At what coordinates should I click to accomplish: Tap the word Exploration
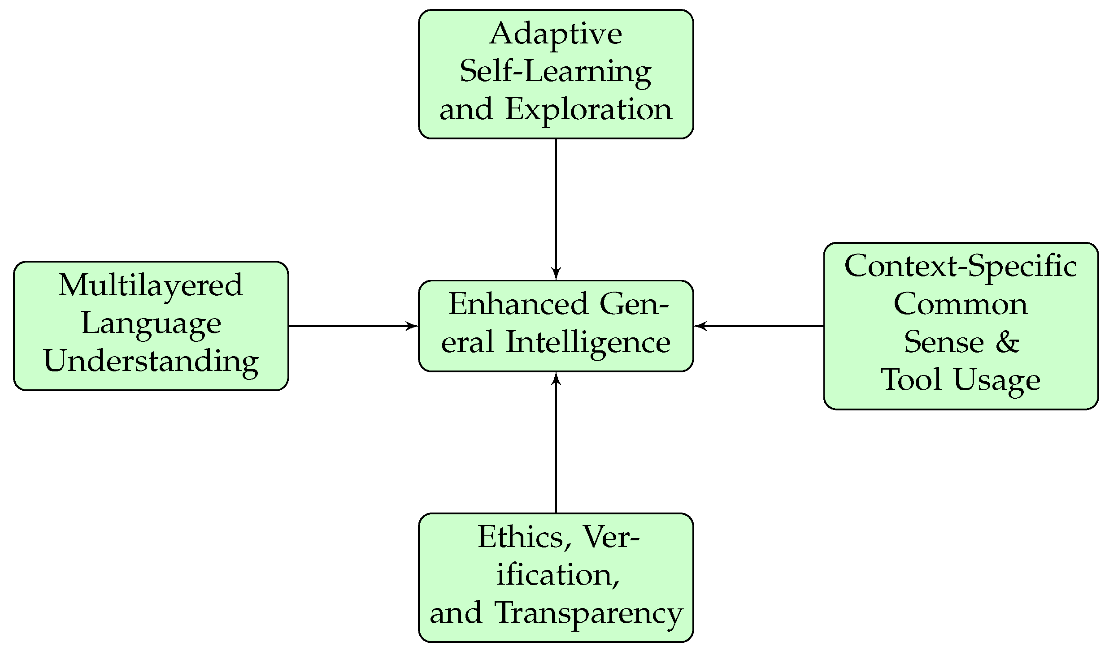pos(588,110)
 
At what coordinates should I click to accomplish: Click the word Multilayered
pos(151,285)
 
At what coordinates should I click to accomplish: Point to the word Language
pos(151,324)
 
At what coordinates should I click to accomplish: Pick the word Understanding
pos(151,361)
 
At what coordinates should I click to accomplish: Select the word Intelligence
pos(588,343)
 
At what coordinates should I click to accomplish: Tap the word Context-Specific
pos(961,266)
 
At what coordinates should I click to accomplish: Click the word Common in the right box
pos(961,305)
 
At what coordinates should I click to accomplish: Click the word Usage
pos(996,381)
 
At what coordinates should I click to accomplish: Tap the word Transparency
pos(588,613)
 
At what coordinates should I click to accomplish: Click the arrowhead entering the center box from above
pos(556,274)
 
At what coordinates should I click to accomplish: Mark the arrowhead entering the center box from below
pos(556,379)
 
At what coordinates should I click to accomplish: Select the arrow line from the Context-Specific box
pos(762,326)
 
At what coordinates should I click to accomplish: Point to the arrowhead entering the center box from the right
pos(700,326)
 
